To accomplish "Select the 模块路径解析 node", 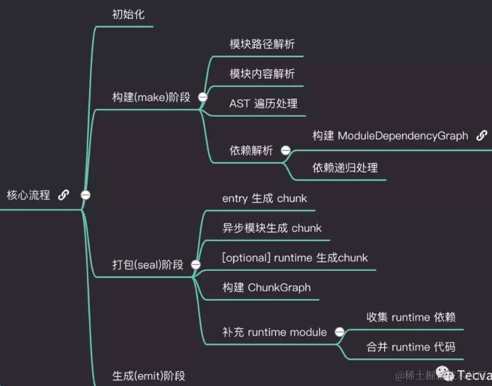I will [x=262, y=44].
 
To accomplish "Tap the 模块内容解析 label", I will [x=262, y=73].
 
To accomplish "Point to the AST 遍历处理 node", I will [x=263, y=103].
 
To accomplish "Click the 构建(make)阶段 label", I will [x=151, y=97].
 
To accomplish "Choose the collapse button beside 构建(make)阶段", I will [x=203, y=98].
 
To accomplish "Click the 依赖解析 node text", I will [x=251, y=150].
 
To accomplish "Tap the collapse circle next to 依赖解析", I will [x=286, y=150].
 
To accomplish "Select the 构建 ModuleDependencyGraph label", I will [x=390, y=136].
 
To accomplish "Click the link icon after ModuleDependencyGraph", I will [x=481, y=136].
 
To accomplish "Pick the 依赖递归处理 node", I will [x=345, y=168].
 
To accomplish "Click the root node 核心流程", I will [x=28, y=195].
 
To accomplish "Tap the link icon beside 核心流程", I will [x=64, y=195].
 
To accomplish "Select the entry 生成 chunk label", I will [x=264, y=199].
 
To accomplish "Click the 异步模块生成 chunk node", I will [x=272, y=228].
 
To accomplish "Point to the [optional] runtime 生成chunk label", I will [x=295, y=258].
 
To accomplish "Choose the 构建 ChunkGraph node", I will [x=266, y=288].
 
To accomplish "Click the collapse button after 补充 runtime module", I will [x=339, y=332].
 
